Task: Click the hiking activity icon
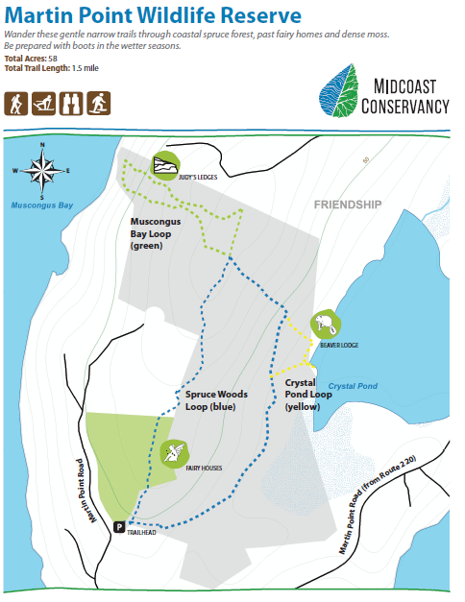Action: tap(17, 103)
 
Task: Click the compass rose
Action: tap(43, 170)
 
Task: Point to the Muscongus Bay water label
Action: tap(41, 205)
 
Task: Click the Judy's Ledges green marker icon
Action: tap(166, 164)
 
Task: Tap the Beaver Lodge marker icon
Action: tap(324, 327)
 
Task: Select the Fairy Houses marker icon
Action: tap(174, 451)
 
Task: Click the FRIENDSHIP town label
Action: tap(348, 205)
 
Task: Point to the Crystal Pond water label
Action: tap(353, 386)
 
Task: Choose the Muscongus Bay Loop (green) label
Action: tap(162, 232)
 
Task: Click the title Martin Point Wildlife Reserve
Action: tap(153, 16)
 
